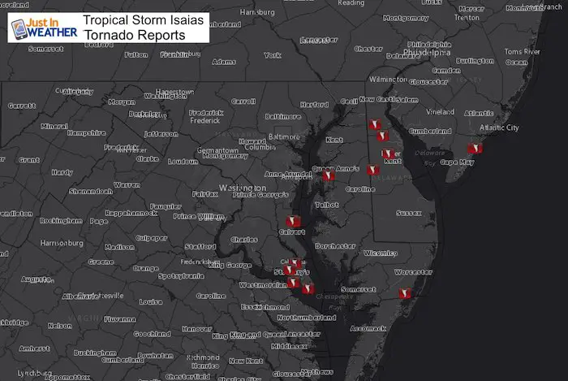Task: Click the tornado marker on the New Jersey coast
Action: [476, 148]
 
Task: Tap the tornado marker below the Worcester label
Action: [406, 294]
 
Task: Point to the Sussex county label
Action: [409, 213]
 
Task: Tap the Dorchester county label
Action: [335, 245]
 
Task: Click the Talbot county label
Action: [328, 206]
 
